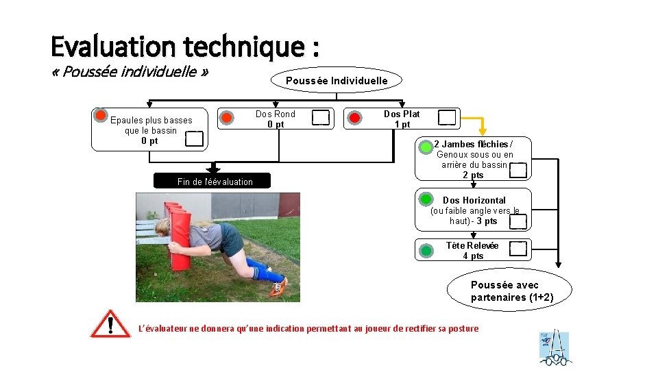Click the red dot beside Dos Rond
tap(226, 118)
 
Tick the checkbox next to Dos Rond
tap(320, 118)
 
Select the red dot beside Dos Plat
tap(354, 118)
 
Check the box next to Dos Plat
tap(447, 118)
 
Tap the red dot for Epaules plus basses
tap(101, 115)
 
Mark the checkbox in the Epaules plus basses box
tap(195, 138)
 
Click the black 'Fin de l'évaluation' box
tap(214, 181)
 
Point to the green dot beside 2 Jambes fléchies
tap(426, 147)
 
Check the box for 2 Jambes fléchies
tap(518, 170)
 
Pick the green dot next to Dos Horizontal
tap(426, 199)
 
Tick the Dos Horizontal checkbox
tap(519, 221)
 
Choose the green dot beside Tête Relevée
tap(426, 250)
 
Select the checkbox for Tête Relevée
tap(519, 249)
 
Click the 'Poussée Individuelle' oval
tap(337, 80)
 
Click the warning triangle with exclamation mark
tap(110, 323)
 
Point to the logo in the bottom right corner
tap(555, 347)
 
